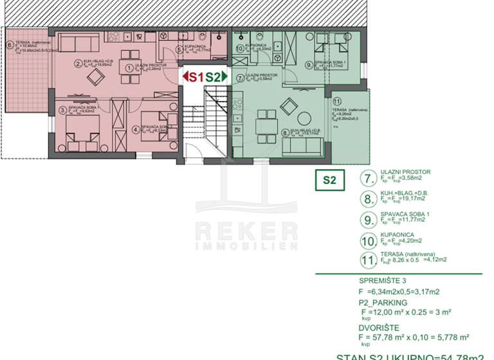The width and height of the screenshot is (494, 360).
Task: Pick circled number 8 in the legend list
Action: [x=369, y=199]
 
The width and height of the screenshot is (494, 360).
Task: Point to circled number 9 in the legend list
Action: [x=369, y=220]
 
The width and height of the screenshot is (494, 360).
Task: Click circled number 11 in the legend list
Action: [x=369, y=260]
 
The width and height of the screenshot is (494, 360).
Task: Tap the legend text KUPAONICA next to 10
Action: [x=397, y=235]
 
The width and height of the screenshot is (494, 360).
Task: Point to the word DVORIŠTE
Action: [x=379, y=327]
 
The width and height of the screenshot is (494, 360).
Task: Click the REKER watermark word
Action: [x=246, y=231]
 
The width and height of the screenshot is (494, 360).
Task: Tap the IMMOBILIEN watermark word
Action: [x=246, y=246]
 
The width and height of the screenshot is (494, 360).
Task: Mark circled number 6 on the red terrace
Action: [x=9, y=45]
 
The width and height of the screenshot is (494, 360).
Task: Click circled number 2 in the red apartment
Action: [x=77, y=63]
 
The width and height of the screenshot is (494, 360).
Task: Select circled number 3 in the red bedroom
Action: [x=62, y=110]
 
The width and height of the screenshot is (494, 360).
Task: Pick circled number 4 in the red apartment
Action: [x=136, y=128]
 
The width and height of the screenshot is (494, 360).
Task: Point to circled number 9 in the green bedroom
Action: [x=309, y=64]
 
